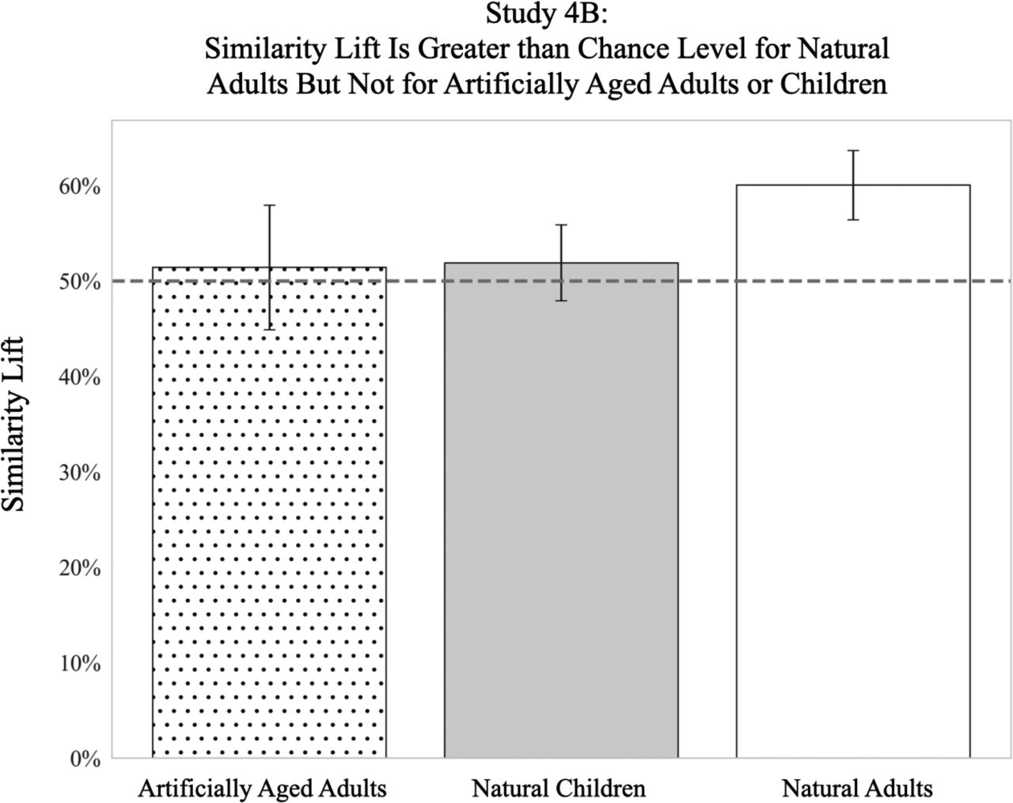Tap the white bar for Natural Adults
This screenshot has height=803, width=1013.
pos(853,475)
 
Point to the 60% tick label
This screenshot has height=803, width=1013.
pos(79,187)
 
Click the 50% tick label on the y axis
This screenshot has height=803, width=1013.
pos(79,282)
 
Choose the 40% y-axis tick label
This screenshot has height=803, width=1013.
pos(79,377)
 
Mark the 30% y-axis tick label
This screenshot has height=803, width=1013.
pos(79,472)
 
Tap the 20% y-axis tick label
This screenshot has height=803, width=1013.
pos(79,568)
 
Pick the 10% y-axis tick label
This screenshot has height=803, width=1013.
pos(79,663)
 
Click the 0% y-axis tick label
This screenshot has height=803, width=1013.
pos(84,759)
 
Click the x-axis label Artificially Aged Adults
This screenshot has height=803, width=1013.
pos(262,788)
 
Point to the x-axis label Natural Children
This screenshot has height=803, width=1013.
pos(559,788)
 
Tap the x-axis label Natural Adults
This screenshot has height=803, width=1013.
pos(857,788)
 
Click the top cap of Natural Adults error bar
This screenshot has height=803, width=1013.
pos(853,150)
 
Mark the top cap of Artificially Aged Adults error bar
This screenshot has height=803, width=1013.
pos(269,205)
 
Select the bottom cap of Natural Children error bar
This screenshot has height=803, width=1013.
pos(561,301)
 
